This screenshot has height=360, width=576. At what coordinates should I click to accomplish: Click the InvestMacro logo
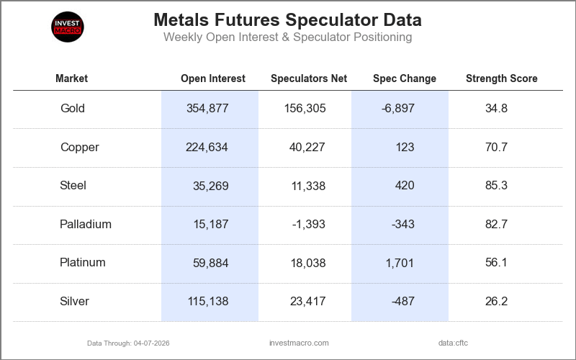(x=68, y=27)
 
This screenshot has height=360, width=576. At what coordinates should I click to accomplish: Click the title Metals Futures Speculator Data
(x=287, y=19)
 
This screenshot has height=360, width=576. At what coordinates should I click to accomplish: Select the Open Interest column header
(x=213, y=78)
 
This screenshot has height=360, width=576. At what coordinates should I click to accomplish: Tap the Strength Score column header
(x=501, y=78)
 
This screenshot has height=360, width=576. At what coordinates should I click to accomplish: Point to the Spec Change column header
(x=404, y=78)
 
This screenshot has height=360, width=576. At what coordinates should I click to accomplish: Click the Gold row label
(x=73, y=109)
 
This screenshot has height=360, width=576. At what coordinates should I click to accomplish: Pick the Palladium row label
(x=86, y=224)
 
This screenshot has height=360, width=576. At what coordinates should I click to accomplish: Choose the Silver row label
(x=75, y=302)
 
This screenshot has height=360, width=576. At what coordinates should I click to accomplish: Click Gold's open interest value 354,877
(x=207, y=109)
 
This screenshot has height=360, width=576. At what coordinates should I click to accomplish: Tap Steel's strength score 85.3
(x=496, y=186)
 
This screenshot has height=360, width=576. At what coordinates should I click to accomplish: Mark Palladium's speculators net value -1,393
(x=308, y=224)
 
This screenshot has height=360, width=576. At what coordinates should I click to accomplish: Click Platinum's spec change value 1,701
(x=400, y=263)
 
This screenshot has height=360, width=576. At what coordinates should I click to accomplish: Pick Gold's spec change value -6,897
(x=398, y=109)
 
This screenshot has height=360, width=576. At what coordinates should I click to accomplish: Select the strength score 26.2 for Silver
(x=496, y=302)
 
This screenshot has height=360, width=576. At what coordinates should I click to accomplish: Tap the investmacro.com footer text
(x=298, y=343)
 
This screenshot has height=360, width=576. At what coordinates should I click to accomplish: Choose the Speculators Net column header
(x=309, y=78)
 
